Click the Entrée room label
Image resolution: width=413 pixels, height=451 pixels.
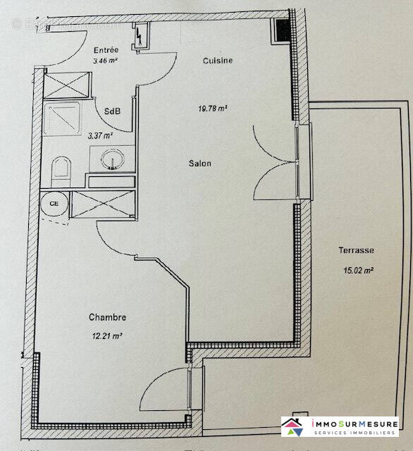point(106,50)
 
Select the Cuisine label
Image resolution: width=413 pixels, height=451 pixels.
point(217,61)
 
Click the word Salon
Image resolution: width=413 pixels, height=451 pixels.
point(199,163)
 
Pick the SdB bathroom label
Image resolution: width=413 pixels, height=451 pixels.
point(111,111)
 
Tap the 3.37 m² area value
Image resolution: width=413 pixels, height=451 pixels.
point(99,136)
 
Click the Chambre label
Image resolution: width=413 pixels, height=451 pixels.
point(107,317)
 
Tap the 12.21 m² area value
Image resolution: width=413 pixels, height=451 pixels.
point(107,335)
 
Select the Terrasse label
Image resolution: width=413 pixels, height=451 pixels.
point(355,250)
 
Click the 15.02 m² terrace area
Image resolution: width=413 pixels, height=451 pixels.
point(358,269)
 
